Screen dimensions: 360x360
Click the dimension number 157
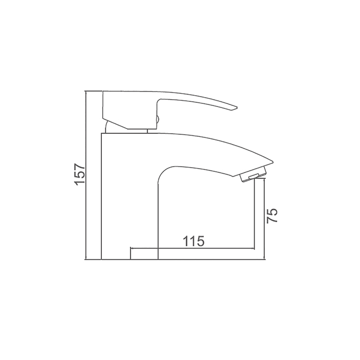(80, 174)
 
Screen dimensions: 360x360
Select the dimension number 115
(193, 241)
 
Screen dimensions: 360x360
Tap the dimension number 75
(272, 215)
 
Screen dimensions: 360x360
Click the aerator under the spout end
(253, 175)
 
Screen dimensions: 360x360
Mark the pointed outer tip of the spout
(273, 161)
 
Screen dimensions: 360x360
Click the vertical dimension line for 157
(85, 175)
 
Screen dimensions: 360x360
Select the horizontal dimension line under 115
(192, 248)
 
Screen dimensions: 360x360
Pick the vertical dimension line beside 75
(264, 220)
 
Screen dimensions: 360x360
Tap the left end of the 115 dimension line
(131, 248)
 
